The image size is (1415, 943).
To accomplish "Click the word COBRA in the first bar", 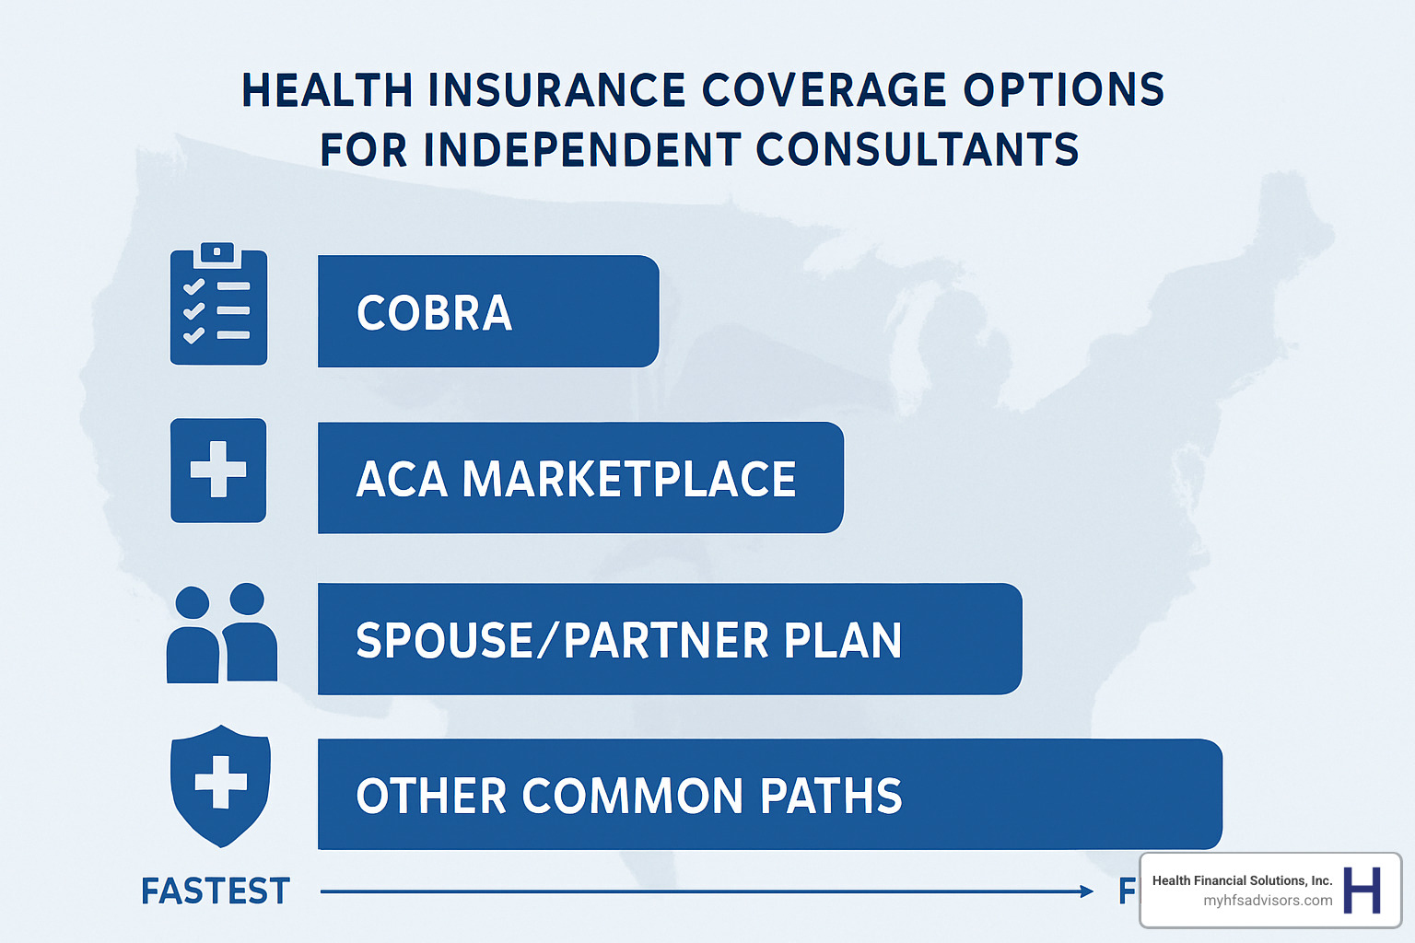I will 434,313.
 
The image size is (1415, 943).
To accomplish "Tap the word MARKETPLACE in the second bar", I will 629,480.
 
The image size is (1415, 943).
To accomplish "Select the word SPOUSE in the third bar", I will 444,641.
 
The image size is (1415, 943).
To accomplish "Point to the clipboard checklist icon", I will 218,305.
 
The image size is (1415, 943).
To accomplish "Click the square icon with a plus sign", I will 218,471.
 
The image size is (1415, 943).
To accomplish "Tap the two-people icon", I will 221,634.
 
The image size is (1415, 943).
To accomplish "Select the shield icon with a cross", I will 220,785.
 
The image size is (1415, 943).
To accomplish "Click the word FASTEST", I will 216,891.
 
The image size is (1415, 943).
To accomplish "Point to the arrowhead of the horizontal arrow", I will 1087,891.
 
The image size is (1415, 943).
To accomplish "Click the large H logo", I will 1362,890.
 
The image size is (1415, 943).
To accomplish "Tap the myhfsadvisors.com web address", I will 1268,901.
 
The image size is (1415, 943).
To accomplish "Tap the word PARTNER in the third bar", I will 666,641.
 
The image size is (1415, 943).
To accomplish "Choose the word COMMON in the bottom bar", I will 632,797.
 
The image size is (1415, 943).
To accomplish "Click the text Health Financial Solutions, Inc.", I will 1242,880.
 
